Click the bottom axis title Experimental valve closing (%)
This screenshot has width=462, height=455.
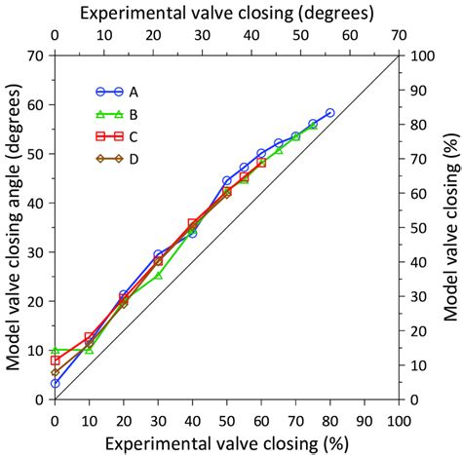click(226, 442)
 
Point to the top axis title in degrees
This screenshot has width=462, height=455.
click(226, 13)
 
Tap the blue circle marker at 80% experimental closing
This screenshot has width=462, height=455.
click(329, 113)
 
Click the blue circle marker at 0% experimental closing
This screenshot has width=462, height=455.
click(55, 383)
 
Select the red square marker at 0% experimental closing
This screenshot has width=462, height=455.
click(55, 360)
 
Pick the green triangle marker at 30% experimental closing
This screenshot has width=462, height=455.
click(158, 276)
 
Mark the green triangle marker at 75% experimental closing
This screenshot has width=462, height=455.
click(313, 125)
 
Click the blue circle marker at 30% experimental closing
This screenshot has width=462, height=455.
click(158, 254)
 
